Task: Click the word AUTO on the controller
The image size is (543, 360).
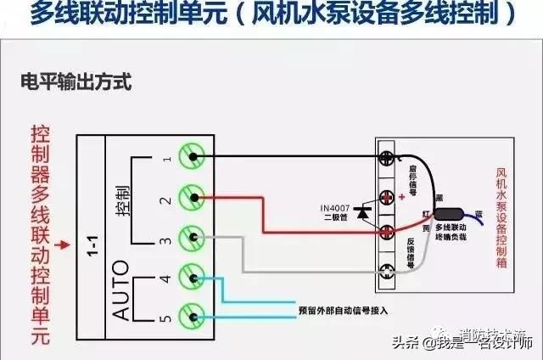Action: point(122,291)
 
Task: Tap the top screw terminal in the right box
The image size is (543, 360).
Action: point(389,158)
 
